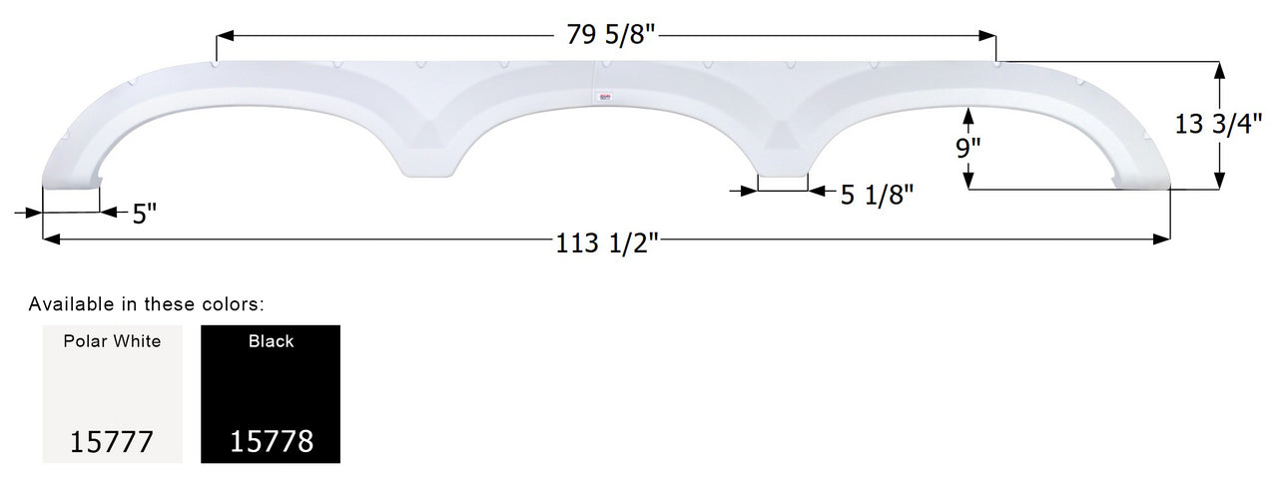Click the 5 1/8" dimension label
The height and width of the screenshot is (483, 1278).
[878, 195]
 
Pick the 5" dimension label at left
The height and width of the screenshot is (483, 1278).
[145, 213]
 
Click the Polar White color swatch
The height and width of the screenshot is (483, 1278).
[112, 394]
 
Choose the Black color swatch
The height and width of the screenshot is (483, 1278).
[271, 394]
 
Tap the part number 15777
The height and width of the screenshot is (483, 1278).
[112, 441]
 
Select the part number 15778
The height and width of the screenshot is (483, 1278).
[271, 441]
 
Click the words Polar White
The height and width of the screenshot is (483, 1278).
[112, 341]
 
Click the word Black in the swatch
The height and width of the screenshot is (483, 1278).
[271, 341]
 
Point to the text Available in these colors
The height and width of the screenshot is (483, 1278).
[146, 303]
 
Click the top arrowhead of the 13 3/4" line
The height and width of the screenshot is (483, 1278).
[1218, 69]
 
